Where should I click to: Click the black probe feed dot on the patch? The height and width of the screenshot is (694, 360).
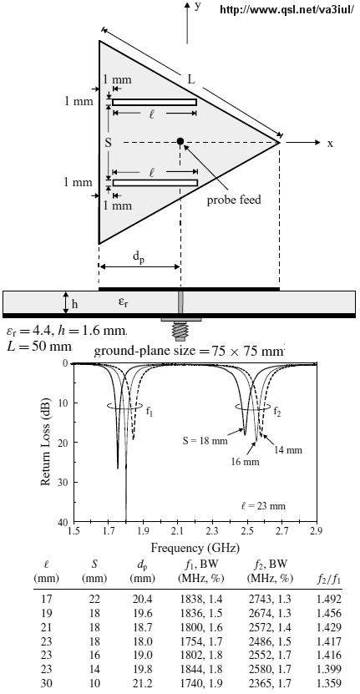click(180, 141)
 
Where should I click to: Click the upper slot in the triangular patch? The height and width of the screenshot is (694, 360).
click(155, 102)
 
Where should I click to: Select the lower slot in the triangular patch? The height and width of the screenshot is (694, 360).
click(155, 183)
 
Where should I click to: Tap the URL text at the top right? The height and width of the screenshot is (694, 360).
click(286, 9)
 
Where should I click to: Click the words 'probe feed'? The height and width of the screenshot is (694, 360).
click(234, 200)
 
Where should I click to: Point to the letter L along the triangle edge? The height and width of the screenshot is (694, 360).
click(190, 79)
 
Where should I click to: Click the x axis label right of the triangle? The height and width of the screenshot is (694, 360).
click(330, 144)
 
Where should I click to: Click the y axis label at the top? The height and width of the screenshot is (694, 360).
click(198, 6)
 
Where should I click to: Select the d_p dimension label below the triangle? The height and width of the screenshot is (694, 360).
click(139, 258)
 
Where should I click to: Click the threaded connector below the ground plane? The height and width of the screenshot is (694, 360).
click(181, 330)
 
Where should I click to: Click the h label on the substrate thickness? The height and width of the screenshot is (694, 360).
click(75, 304)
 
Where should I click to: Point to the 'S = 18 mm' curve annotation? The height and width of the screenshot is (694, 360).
click(205, 441)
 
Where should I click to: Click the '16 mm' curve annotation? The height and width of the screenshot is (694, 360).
click(245, 462)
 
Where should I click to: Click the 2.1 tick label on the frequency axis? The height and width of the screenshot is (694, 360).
click(178, 530)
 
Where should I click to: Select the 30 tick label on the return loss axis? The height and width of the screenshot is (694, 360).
click(63, 482)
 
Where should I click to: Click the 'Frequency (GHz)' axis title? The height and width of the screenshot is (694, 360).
click(195, 548)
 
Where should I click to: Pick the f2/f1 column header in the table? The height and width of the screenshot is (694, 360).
click(328, 579)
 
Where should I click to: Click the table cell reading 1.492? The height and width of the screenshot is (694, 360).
click(329, 600)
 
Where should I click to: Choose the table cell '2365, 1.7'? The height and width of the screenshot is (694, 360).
click(269, 683)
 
